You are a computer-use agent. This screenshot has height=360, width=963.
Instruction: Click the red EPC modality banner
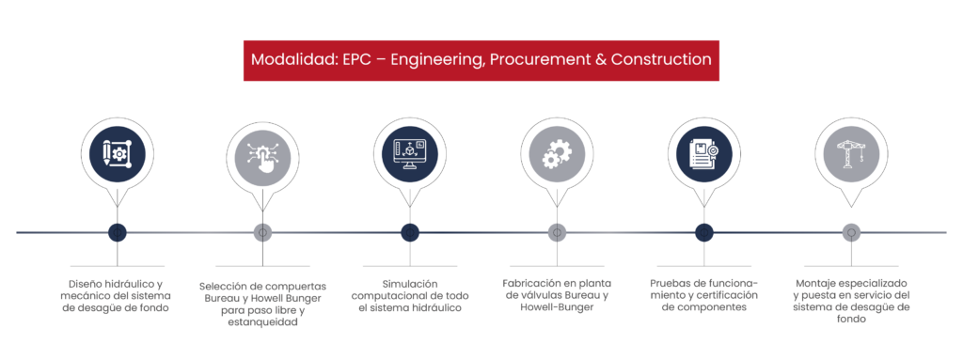[481, 60]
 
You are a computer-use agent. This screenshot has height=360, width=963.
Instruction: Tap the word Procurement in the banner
[529, 60]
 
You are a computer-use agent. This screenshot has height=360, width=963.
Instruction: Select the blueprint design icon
[118, 155]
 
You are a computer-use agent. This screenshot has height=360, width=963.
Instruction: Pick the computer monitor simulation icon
[410, 155]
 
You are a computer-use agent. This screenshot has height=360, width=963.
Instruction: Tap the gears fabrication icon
[557, 155]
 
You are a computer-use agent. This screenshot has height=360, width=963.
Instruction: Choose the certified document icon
[703, 155]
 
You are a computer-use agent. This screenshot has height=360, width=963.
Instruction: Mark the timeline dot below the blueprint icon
[118, 232]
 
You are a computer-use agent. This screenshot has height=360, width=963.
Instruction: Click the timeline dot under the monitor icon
[410, 232]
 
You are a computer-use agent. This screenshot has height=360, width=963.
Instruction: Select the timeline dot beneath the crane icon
[850, 232]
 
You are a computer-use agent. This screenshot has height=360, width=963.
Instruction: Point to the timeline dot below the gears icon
[557, 232]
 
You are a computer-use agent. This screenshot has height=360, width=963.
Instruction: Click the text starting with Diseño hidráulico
[118, 296]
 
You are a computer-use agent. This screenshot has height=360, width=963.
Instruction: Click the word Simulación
[410, 284]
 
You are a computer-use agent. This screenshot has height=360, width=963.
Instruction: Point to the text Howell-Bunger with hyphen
[557, 307]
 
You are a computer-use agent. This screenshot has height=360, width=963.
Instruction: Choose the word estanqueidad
[262, 321]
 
